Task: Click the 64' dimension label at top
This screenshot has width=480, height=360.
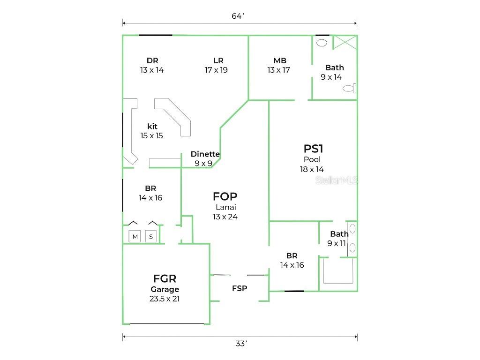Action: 238,16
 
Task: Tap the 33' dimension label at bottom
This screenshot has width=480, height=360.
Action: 240,344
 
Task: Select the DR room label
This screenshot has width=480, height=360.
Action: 152,60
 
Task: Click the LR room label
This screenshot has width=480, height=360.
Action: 218,60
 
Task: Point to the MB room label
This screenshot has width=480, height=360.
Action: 280,60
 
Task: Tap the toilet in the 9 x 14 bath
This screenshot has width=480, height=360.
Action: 349,88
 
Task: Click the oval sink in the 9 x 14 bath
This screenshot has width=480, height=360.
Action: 322,43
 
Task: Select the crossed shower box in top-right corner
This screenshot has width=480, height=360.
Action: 345,42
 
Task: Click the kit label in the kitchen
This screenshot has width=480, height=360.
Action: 152,127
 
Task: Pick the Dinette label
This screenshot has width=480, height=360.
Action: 205,154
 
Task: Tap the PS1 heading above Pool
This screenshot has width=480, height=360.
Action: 313,149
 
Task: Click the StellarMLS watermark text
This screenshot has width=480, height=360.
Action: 336,180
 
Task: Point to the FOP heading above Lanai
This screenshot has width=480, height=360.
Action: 225,196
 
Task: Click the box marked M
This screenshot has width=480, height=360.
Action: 135,237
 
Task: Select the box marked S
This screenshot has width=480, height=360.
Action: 151,237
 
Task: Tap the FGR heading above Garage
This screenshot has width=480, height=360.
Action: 165,279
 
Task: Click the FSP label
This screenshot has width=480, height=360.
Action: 240,288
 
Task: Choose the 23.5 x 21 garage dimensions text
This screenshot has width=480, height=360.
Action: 165,299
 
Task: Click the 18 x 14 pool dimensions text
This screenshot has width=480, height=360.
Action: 312,169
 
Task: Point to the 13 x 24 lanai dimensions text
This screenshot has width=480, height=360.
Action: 225,217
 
